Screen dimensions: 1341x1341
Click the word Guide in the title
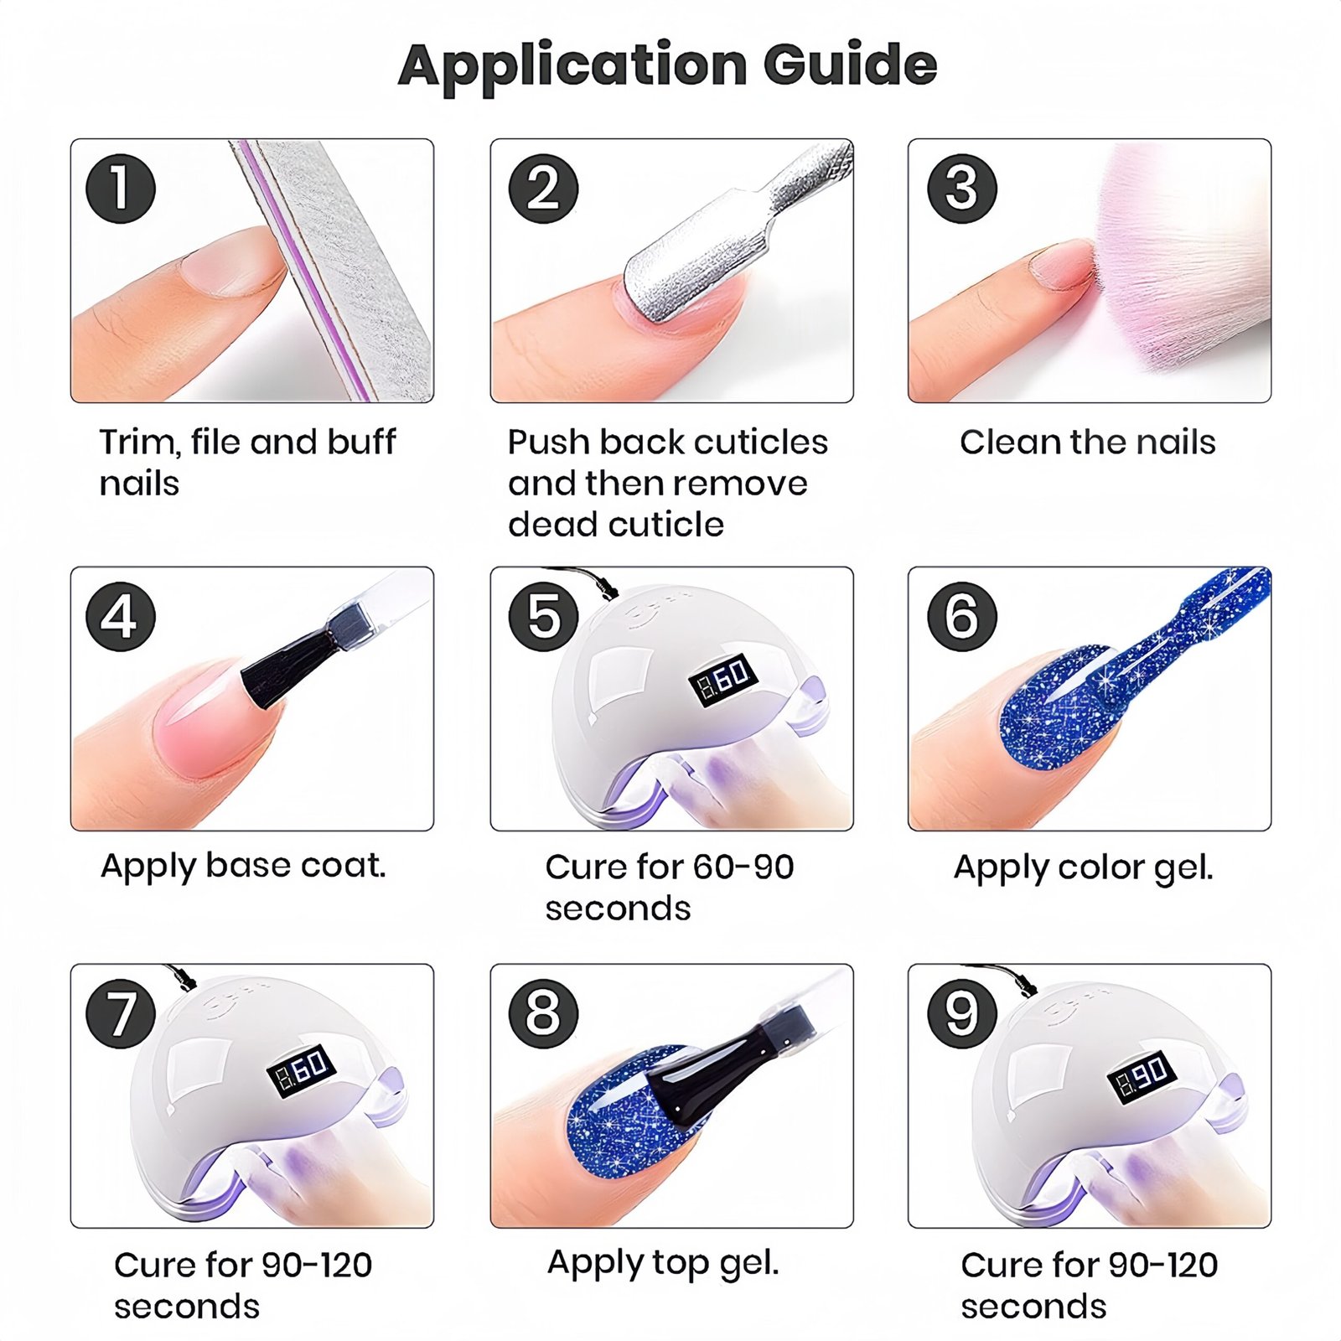click(850, 65)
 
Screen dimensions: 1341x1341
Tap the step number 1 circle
click(121, 189)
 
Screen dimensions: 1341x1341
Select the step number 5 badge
click(543, 617)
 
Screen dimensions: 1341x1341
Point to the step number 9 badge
click(961, 1013)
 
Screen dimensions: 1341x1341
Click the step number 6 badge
click(961, 617)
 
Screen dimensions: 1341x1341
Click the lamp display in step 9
click(1142, 1075)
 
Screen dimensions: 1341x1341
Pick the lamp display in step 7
click(302, 1072)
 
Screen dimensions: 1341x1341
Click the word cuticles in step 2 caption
click(761, 442)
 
